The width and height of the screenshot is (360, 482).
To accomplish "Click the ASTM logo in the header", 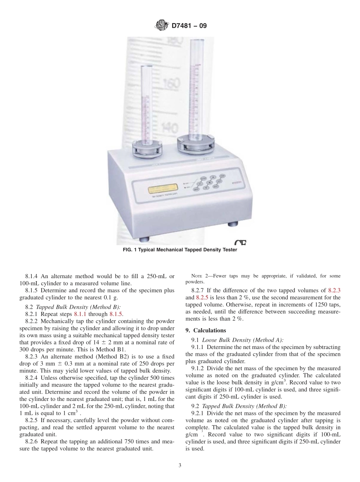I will [x=161, y=26].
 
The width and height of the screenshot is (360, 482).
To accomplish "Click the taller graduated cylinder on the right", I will [x=196, y=87].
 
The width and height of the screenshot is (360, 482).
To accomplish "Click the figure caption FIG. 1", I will [x=180, y=250].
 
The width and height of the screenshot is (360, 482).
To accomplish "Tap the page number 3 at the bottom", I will [x=180, y=466].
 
